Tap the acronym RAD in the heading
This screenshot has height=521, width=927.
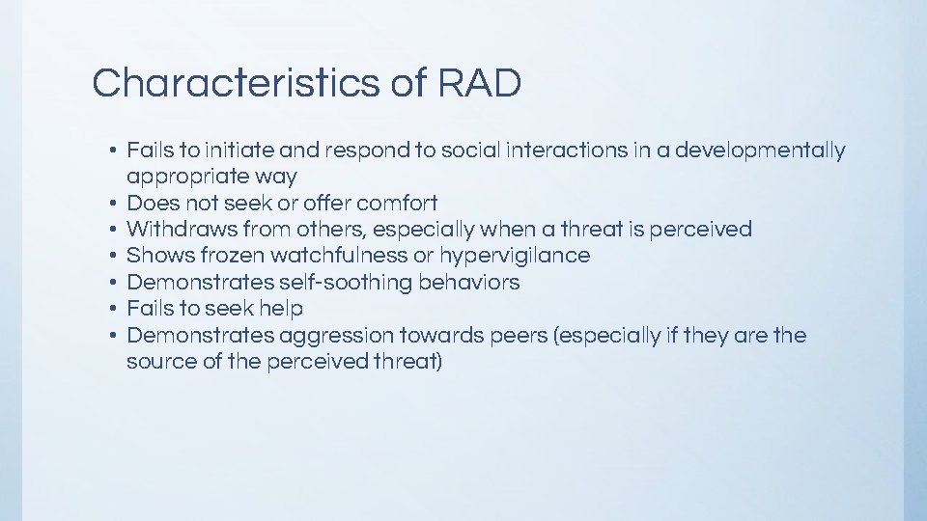(479, 84)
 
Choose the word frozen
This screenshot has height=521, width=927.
(233, 256)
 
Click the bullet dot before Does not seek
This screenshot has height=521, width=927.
(113, 204)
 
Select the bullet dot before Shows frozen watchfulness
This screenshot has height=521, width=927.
(113, 256)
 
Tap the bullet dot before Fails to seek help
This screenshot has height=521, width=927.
(113, 309)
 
